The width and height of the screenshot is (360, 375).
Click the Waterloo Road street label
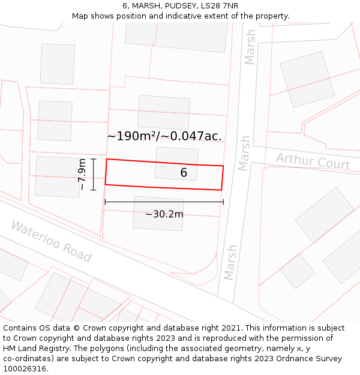[51, 241]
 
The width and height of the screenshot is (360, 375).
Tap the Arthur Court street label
[313, 161]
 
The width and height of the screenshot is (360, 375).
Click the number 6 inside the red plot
[184, 173]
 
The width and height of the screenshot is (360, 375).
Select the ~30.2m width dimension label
[164, 214]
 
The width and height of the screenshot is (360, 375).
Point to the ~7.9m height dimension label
[82, 175]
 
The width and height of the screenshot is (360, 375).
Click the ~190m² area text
[137, 136]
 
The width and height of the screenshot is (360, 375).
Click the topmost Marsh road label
[250, 47]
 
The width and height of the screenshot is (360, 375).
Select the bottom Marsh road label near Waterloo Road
[230, 262]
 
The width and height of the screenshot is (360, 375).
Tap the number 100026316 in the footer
[24, 368]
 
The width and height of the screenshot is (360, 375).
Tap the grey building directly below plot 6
[158, 213]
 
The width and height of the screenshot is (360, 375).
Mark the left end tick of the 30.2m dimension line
[106, 202]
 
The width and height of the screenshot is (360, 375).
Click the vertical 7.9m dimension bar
[94, 174]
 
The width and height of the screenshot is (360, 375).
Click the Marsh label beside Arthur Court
[244, 153]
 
